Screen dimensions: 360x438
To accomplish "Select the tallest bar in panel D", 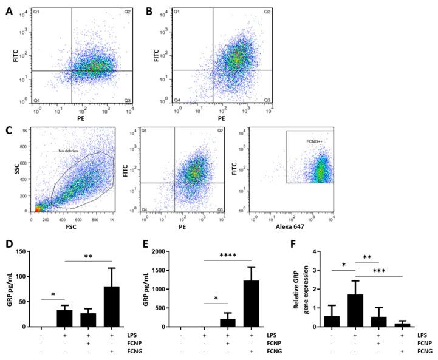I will pyautogui.click(x=111, y=307).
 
